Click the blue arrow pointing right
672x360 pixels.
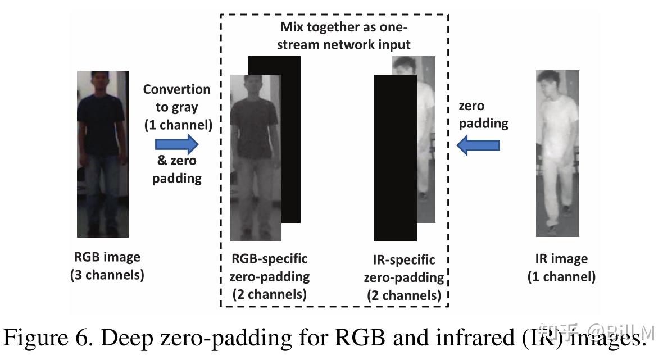pos(178,143)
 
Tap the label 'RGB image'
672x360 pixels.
pos(107,257)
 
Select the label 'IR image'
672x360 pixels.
pos(561,259)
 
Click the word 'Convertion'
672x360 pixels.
pos(176,89)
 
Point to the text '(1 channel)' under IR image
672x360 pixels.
pos(561,276)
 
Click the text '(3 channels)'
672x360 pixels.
pos(107,275)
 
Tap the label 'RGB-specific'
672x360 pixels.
pos(270,259)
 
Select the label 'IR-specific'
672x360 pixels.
pos(403,260)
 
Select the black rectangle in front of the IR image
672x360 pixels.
pos(394,157)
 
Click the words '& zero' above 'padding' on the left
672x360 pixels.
pos(176,161)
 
